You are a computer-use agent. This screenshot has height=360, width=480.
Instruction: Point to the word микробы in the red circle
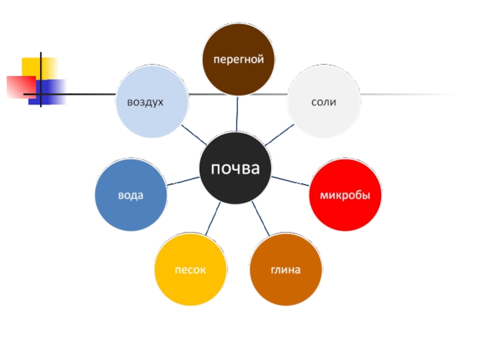345,196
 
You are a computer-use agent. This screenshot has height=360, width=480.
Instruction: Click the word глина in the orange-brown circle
285,270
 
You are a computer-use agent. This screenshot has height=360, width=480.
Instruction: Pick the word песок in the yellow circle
190,270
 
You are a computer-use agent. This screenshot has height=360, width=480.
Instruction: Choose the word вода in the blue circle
131,196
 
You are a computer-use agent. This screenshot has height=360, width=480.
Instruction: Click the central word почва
235,169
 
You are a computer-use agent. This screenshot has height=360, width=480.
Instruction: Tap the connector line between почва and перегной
238,114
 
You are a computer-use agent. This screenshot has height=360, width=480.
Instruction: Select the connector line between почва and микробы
290,181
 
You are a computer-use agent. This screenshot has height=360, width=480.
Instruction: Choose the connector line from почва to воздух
194,136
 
